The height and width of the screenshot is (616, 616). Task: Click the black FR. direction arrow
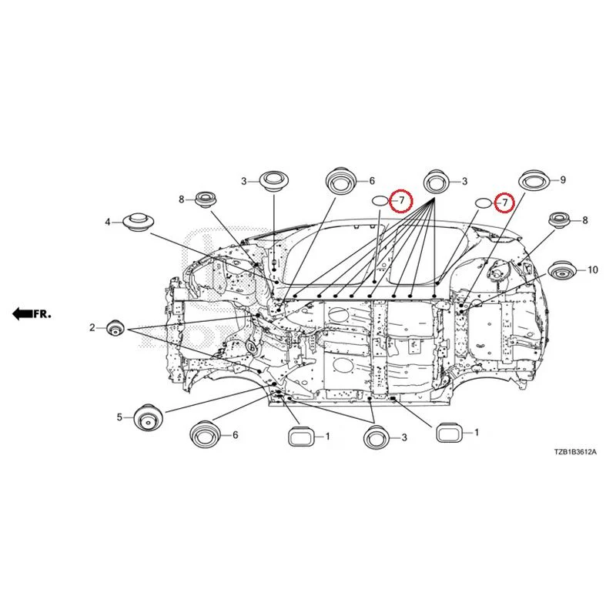click(22, 314)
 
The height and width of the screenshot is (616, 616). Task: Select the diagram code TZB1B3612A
click(575, 452)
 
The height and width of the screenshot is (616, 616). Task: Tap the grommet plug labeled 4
click(138, 223)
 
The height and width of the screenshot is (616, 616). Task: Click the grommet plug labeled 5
click(148, 417)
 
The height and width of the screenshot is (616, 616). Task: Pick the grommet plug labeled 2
click(115, 328)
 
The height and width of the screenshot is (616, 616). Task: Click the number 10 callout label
click(592, 270)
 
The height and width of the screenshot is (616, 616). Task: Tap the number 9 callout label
click(563, 180)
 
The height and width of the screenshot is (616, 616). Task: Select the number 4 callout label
click(108, 223)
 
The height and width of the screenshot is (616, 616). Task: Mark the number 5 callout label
click(119, 417)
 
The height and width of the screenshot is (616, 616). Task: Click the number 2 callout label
click(92, 327)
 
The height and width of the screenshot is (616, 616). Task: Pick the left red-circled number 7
click(401, 200)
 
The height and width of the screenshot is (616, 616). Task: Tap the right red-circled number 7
click(505, 203)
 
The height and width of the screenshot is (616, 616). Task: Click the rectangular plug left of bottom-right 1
click(449, 433)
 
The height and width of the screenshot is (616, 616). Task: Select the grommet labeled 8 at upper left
click(205, 200)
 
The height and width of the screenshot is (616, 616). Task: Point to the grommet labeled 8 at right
click(561, 220)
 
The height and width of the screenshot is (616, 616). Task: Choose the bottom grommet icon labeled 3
click(377, 437)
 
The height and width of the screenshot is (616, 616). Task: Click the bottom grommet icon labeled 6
click(204, 434)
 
